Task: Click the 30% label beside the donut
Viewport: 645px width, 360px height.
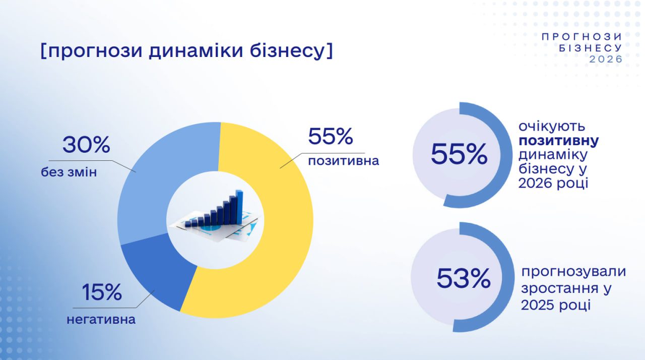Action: click(x=86, y=145)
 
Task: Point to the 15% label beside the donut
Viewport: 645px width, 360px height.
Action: click(x=101, y=292)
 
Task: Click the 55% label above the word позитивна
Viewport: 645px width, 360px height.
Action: click(x=330, y=136)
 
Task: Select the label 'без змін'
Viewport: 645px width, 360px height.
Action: click(x=69, y=172)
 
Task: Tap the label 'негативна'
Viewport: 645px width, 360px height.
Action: click(x=101, y=320)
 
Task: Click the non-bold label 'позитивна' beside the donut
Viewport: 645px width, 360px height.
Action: click(x=344, y=161)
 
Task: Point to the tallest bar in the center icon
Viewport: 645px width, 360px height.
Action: click(x=239, y=207)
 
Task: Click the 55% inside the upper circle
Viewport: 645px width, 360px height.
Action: click(x=459, y=155)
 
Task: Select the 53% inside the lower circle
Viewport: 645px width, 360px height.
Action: click(x=463, y=278)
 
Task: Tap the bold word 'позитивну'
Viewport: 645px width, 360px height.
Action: click(x=559, y=141)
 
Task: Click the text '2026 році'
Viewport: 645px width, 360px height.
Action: click(x=553, y=184)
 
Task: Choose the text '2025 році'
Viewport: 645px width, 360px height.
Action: click(x=556, y=305)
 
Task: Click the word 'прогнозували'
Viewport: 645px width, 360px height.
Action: click(x=573, y=272)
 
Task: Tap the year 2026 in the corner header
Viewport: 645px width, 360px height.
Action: click(x=606, y=59)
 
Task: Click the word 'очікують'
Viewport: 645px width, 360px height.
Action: click(x=548, y=127)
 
